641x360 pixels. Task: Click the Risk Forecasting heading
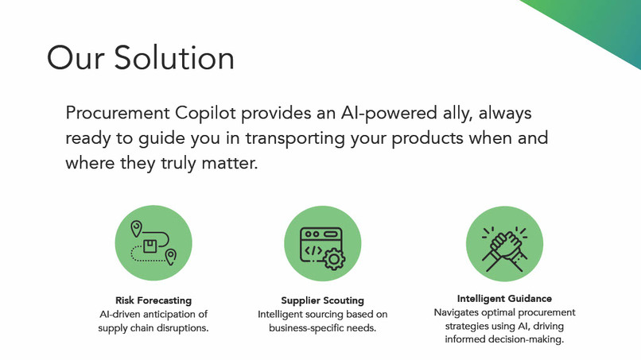click(153, 300)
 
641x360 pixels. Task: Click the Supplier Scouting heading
click(322, 300)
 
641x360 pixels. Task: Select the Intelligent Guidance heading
click(504, 299)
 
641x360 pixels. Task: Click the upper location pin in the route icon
click(137, 228)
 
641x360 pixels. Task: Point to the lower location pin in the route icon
click(170, 255)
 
